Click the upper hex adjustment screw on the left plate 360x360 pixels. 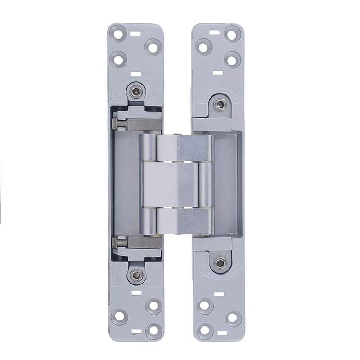(136, 91)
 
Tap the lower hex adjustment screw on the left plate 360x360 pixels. (136, 274)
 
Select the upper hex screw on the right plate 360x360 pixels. (220, 105)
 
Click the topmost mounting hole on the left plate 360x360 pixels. (119, 33)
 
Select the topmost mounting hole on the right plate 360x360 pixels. (232, 33)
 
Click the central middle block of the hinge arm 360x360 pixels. (170, 184)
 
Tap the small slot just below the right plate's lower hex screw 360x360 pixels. (219, 294)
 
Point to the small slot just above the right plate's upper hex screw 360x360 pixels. (218, 72)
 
